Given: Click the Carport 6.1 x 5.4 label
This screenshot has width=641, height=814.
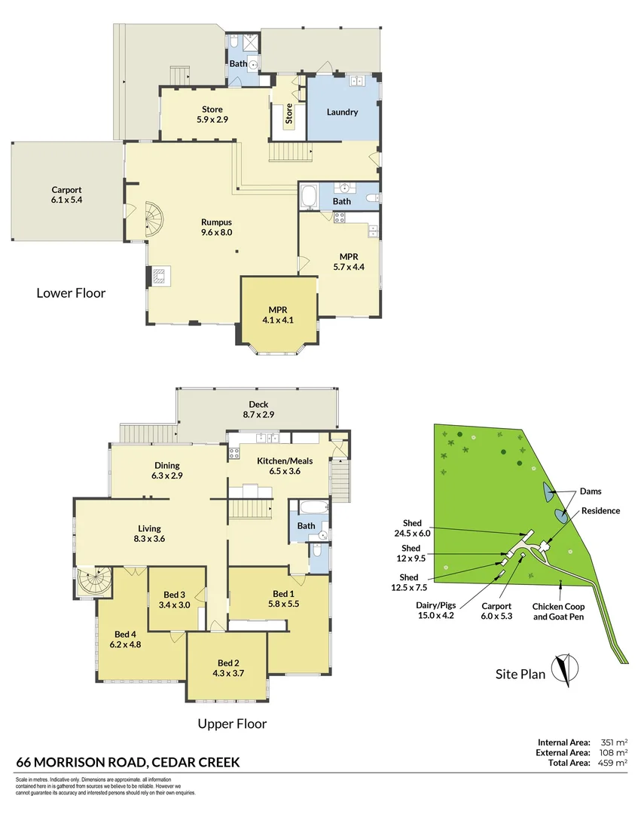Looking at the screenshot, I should pyautogui.click(x=66, y=196).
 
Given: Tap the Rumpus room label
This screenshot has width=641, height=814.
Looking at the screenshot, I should pyautogui.click(x=216, y=227).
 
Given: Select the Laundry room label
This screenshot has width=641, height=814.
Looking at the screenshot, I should pyautogui.click(x=342, y=112).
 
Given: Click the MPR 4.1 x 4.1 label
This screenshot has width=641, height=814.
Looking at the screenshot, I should pyautogui.click(x=279, y=315).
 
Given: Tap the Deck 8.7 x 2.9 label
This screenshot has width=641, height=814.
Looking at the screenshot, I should pyautogui.click(x=258, y=410).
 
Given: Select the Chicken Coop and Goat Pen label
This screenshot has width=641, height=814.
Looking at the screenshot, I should pyautogui.click(x=558, y=611).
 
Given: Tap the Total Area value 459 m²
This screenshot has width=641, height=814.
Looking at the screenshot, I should pyautogui.click(x=615, y=763).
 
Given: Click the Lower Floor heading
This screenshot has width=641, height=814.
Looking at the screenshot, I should pyautogui.click(x=71, y=292).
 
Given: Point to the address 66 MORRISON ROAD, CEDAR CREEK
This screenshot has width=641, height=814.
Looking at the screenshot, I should pyautogui.click(x=127, y=763).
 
